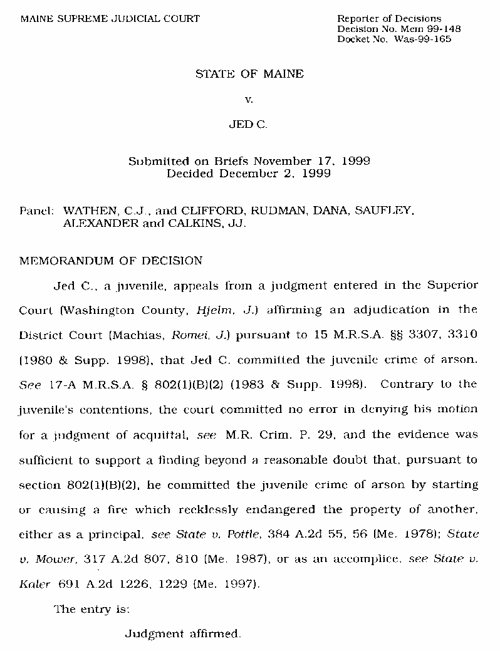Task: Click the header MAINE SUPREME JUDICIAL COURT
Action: [110, 18]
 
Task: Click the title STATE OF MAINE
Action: [249, 74]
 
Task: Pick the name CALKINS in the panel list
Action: [193, 223]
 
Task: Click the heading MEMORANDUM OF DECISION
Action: [111, 261]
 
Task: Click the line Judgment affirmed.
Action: [182, 633]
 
